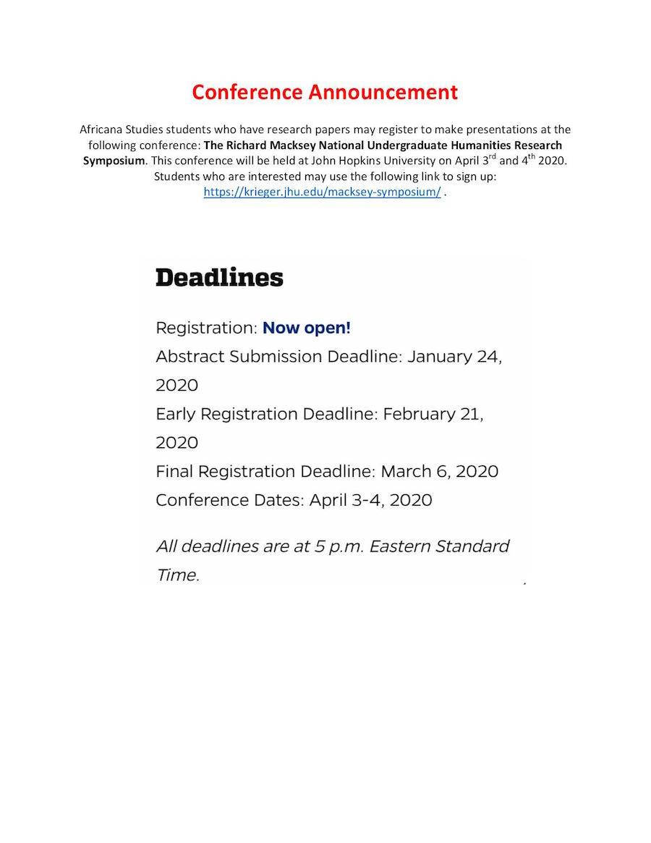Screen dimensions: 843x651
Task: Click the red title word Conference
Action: (x=247, y=93)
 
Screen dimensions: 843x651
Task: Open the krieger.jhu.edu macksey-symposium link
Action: (x=322, y=192)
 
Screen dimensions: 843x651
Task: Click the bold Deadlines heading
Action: (x=219, y=278)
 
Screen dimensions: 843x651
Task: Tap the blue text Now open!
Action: (x=306, y=328)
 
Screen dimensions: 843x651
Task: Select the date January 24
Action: (x=454, y=357)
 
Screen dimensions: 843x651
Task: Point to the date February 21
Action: (x=433, y=415)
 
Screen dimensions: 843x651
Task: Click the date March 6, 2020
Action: (x=439, y=472)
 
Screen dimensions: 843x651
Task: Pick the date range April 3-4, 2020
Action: (x=370, y=500)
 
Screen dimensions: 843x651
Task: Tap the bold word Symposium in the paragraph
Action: (x=114, y=161)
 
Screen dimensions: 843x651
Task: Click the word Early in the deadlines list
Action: (x=175, y=415)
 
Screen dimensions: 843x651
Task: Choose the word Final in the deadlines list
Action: (x=174, y=472)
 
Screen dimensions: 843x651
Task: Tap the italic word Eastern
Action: (x=399, y=546)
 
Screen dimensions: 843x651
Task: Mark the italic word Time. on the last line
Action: (x=177, y=575)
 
